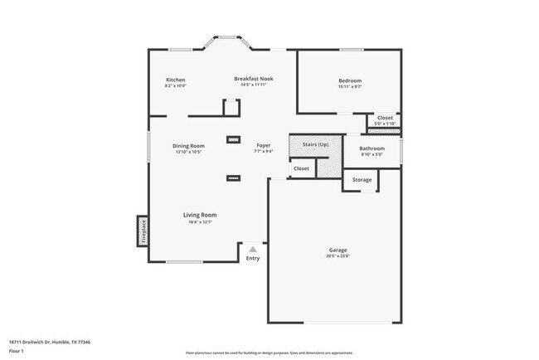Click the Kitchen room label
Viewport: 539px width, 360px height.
[x=175, y=80]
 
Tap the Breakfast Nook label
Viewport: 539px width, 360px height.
[x=253, y=79]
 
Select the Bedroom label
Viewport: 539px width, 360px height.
[x=349, y=80]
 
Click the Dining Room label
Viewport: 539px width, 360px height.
[x=188, y=146]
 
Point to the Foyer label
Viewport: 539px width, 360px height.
[x=263, y=146]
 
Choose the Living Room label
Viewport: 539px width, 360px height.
[x=200, y=215]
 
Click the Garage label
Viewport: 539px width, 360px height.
[x=337, y=250]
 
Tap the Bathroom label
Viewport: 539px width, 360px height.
[x=371, y=148]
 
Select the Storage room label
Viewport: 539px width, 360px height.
[x=362, y=180]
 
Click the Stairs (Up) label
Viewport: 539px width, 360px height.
[x=315, y=144]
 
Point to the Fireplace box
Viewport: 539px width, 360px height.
[x=143, y=231]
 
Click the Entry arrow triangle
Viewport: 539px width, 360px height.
[x=253, y=248]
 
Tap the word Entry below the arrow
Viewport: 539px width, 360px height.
[x=253, y=258]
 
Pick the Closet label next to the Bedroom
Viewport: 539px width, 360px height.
[x=386, y=118]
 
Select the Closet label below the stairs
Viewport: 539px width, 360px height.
[x=301, y=168]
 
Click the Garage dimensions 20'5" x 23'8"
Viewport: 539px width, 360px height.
[x=337, y=256]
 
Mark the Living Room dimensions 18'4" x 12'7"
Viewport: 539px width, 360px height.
[x=200, y=221]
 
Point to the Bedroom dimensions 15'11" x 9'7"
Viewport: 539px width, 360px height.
[x=349, y=86]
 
